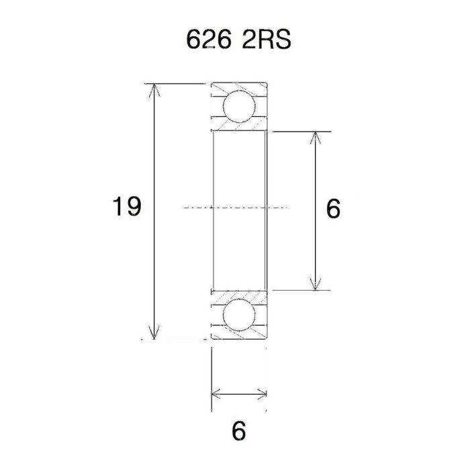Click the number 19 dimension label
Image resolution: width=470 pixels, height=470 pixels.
click(x=127, y=207)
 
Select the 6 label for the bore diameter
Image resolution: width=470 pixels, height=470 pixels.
click(x=333, y=209)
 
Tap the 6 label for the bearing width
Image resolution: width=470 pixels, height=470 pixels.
click(x=238, y=430)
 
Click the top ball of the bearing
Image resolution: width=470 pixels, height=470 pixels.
click(x=240, y=106)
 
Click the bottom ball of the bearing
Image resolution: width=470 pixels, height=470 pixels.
click(x=240, y=315)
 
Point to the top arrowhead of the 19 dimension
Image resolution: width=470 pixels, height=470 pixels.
click(x=155, y=88)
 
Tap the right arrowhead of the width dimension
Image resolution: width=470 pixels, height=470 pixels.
click(x=263, y=393)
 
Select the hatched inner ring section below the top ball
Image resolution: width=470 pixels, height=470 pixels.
click(x=240, y=127)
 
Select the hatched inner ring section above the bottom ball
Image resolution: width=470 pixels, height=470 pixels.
click(x=240, y=296)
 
